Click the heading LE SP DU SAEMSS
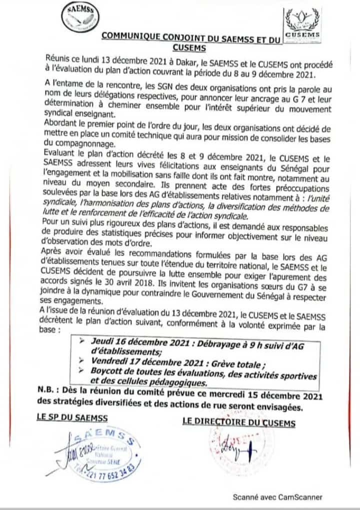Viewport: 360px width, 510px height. pyautogui.click(x=72, y=418)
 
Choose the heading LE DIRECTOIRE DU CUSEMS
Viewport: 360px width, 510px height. pyautogui.click(x=239, y=423)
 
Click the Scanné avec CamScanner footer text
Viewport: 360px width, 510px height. pyautogui.click(x=277, y=497)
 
